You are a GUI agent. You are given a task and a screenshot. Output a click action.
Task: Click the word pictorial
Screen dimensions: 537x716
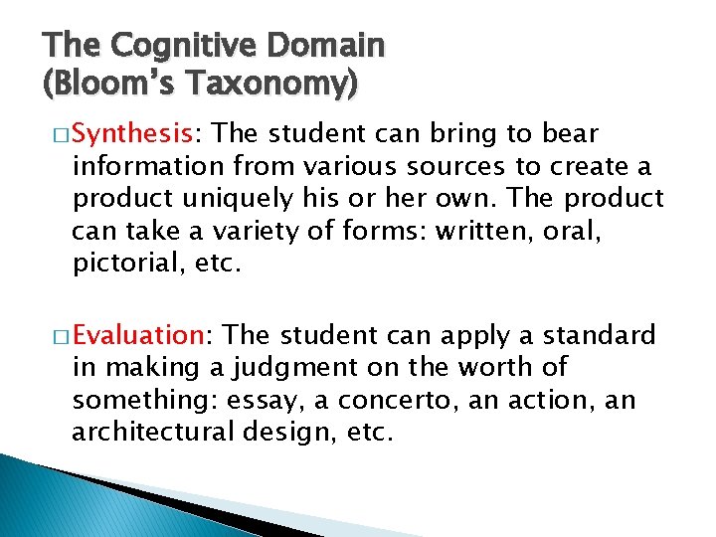click(119, 264)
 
